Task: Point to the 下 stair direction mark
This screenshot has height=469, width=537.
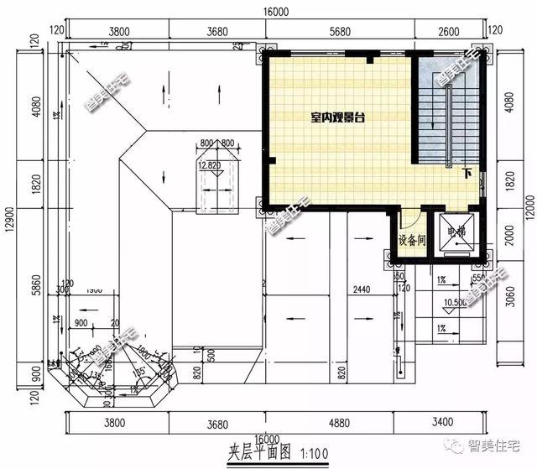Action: click(467, 174)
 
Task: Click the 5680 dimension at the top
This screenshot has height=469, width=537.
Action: click(341, 31)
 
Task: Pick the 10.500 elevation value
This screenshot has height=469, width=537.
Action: click(454, 302)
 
